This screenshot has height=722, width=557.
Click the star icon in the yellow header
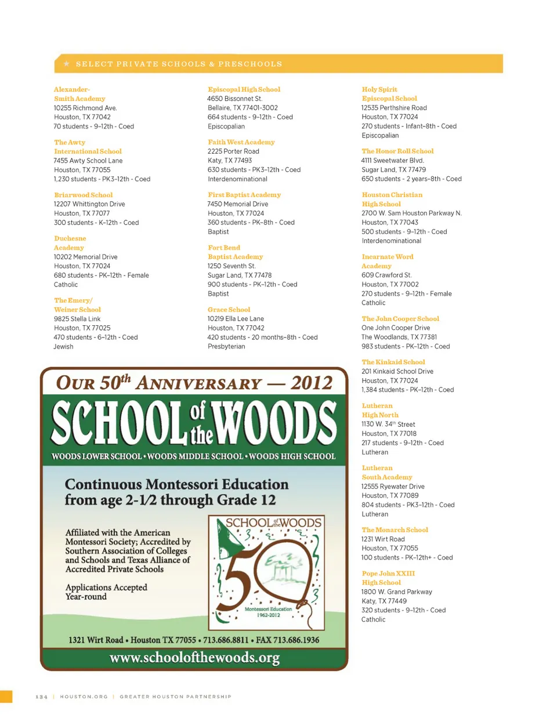[67, 64]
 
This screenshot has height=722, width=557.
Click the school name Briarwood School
[84, 195]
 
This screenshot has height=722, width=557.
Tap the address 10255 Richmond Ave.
[85, 108]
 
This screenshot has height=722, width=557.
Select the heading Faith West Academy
[241, 142]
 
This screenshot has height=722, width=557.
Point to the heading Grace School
[229, 310]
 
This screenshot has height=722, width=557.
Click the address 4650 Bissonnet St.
[235, 99]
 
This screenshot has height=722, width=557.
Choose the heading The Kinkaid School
[393, 362]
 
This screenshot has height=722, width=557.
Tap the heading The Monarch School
[395, 529]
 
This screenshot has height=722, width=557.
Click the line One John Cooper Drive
[396, 328]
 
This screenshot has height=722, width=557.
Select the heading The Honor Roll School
[397, 151]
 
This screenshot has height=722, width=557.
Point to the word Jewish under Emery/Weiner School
[64, 346]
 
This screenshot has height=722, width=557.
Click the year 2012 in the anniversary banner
[312, 383]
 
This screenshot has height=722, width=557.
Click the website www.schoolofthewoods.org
[194, 658]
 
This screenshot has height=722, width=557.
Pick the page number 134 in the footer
[42, 696]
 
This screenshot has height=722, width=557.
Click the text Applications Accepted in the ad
[106, 587]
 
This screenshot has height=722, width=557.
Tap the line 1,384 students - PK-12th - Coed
[407, 390]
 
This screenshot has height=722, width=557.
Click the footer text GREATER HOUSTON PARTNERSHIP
[175, 696]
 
